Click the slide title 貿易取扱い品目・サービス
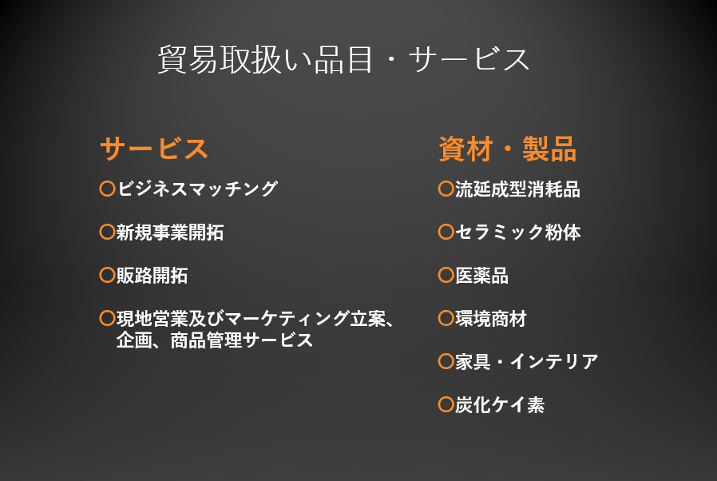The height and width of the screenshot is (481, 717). tap(343, 59)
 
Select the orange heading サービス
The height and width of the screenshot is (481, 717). tap(153, 149)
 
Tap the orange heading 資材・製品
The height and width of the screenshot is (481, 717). tap(508, 149)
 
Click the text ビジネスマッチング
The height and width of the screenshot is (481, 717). tap(197, 189)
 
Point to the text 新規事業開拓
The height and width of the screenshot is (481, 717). tap(170, 232)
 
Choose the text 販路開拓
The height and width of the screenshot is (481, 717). tap(153, 275)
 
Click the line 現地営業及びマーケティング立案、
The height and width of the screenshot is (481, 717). tap(256, 319)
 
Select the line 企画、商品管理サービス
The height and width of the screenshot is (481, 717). tap(215, 340)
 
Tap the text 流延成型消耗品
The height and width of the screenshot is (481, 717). tap(517, 189)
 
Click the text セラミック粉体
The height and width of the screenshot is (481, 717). tap(518, 232)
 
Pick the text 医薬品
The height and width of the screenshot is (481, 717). tap(482, 275)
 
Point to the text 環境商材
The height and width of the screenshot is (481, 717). tap(491, 319)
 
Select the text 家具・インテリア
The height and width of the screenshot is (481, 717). tap(527, 362)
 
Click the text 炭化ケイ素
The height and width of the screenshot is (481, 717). tap(500, 404)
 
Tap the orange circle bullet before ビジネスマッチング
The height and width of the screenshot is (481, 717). tap(108, 189)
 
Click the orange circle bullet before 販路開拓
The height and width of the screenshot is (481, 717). tap(108, 275)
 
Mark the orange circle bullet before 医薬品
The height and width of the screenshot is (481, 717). tap(446, 275)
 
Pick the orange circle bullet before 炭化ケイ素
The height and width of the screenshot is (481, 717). tap(446, 404)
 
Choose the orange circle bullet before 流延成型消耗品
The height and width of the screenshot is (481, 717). tap(446, 189)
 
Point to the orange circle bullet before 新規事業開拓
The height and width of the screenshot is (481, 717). tap(108, 232)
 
